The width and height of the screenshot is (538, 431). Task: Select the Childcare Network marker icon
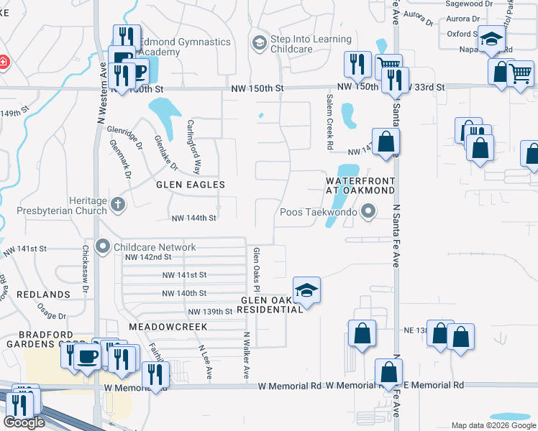pos(103,247)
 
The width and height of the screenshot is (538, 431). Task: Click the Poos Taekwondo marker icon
pos(369,211)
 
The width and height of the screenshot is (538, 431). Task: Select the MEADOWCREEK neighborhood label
pos(168,326)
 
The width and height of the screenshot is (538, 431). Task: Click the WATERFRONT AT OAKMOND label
pos(360,185)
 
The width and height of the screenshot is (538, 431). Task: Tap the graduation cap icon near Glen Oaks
pos(306,290)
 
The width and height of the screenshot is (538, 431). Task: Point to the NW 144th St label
pos(194,218)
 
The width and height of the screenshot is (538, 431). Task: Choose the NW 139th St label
pos(210,312)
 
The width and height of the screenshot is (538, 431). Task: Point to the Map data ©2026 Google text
pos(494,425)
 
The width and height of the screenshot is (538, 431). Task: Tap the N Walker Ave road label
pos(245,355)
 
